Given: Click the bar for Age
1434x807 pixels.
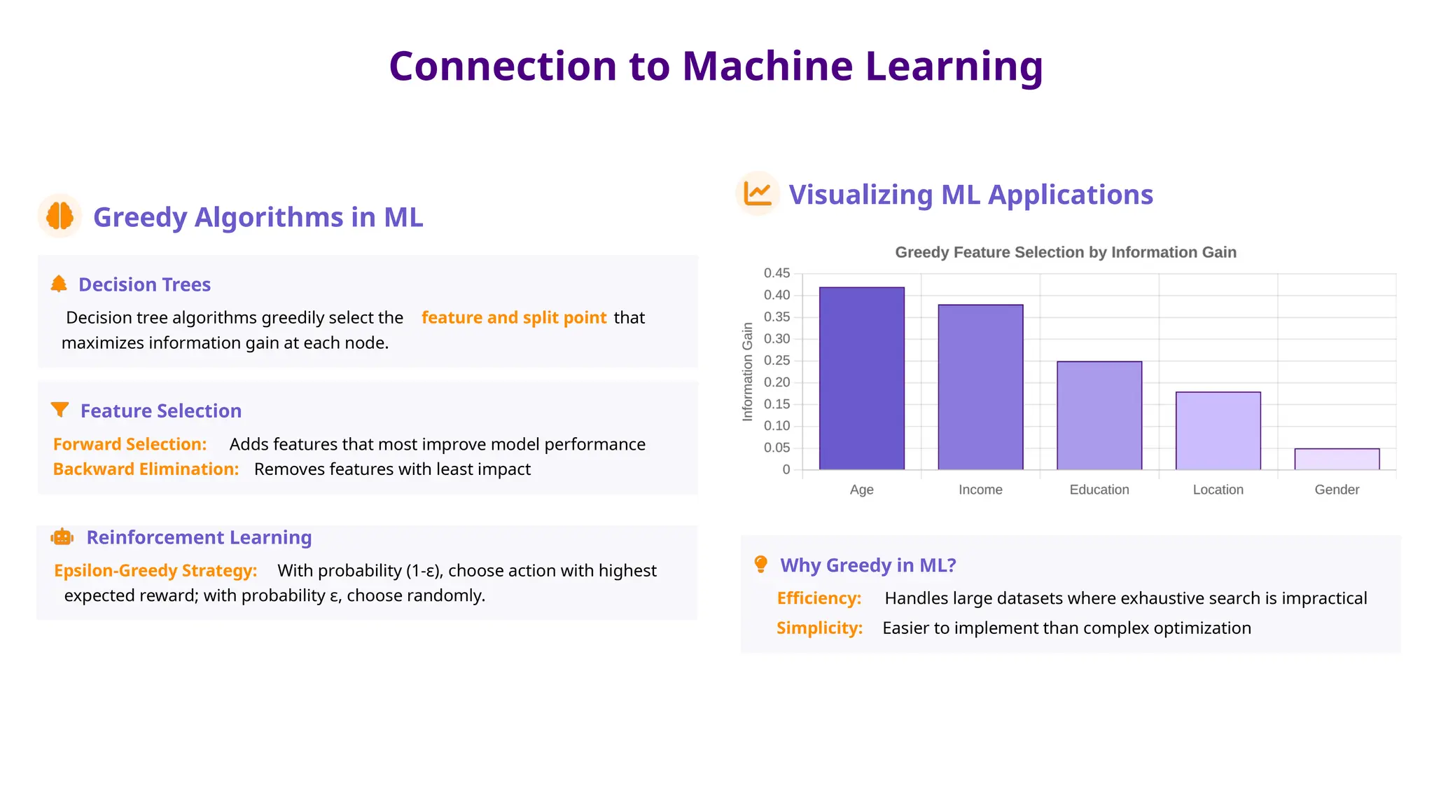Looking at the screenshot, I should coord(861,378).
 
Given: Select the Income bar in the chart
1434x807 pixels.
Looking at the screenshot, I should coord(980,387).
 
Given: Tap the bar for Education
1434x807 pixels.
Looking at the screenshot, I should coord(1099,415).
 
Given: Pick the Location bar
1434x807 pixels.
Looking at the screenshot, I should coord(1218,431).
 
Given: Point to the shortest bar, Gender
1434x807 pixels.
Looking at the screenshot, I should coord(1337,460).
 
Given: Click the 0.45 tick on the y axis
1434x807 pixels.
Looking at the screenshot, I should coord(777,273).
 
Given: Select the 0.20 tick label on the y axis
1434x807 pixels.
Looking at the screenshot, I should coord(777,382).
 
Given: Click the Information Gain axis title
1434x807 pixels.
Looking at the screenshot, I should coord(747,372).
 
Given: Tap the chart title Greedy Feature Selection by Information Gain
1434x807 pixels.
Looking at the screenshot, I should coord(1065,252).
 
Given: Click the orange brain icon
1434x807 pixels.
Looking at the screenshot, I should coord(60,216).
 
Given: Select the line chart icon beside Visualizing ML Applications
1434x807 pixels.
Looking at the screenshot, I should coord(758,193).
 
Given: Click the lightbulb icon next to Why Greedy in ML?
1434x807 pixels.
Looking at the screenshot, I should coord(760,565).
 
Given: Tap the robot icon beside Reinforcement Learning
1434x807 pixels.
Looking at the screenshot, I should coord(62,537).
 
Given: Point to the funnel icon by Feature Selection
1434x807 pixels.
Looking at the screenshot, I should coord(60,410).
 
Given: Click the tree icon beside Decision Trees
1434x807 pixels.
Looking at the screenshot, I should coord(59,284).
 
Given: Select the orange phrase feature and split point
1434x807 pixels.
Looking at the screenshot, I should coord(513,318).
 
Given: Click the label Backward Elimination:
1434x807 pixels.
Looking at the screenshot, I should coord(146,469).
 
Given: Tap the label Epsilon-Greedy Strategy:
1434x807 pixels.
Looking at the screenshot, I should coord(155,571).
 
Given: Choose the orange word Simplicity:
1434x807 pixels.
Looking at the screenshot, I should coord(819,628).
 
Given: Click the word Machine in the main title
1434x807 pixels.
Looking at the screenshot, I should coord(767,67).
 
